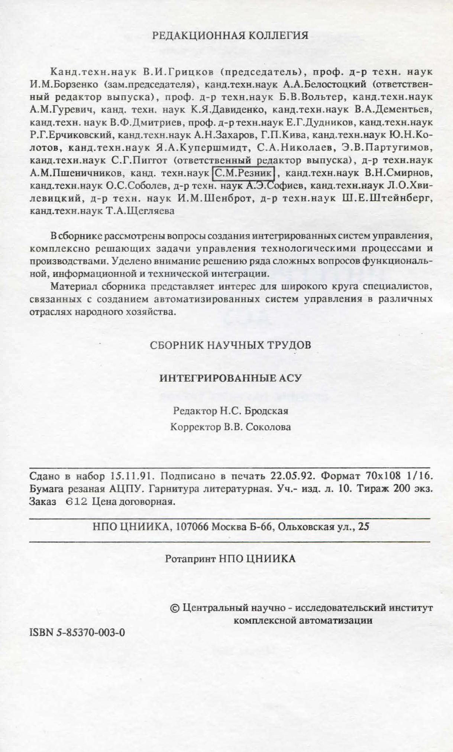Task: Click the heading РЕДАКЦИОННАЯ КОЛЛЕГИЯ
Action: click(230, 36)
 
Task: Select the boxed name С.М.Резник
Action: click(244, 173)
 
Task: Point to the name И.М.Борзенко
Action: click(64, 85)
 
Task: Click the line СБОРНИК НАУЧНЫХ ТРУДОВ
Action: click(230, 345)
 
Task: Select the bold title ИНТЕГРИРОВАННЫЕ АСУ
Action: click(230, 378)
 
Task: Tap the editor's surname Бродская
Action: click(269, 411)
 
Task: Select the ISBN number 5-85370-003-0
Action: click(90, 632)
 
